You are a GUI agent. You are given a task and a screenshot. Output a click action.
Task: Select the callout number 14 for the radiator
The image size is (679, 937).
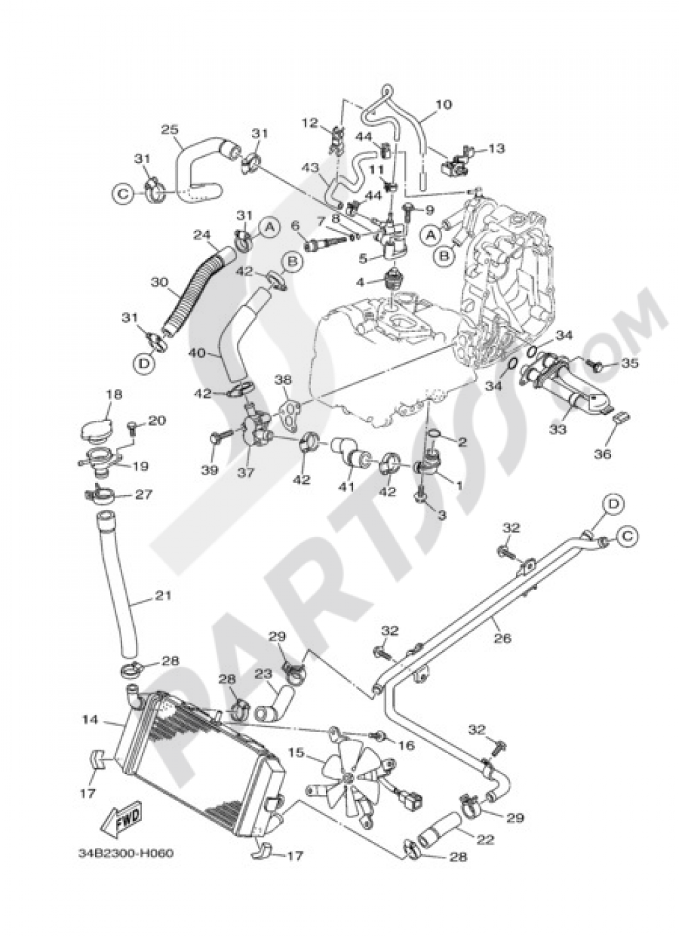click(x=90, y=720)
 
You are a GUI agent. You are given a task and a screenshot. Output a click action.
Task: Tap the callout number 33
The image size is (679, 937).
click(x=559, y=428)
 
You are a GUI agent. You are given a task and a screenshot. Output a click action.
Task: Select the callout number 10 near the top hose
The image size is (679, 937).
click(x=444, y=104)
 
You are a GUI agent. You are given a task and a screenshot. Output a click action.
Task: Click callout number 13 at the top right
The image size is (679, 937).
click(x=496, y=149)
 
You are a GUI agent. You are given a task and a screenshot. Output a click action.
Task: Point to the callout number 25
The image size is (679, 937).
click(x=170, y=130)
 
